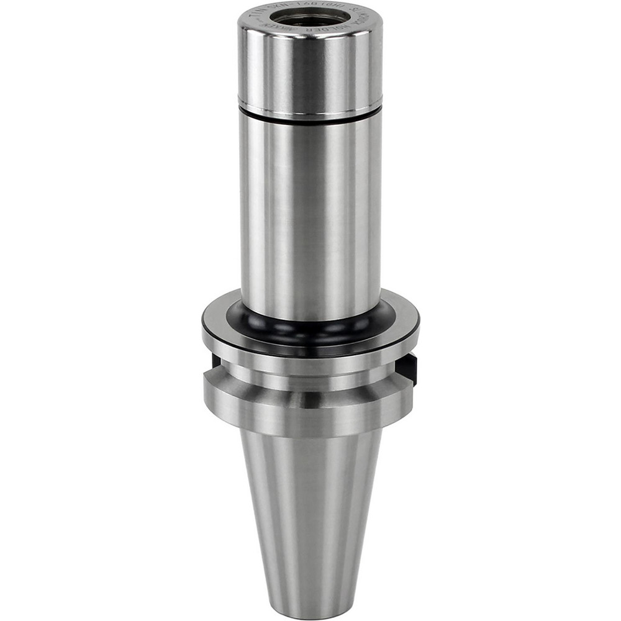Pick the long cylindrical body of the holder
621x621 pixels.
[310, 211]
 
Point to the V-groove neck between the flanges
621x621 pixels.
[310, 374]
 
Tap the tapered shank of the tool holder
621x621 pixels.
[310, 509]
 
